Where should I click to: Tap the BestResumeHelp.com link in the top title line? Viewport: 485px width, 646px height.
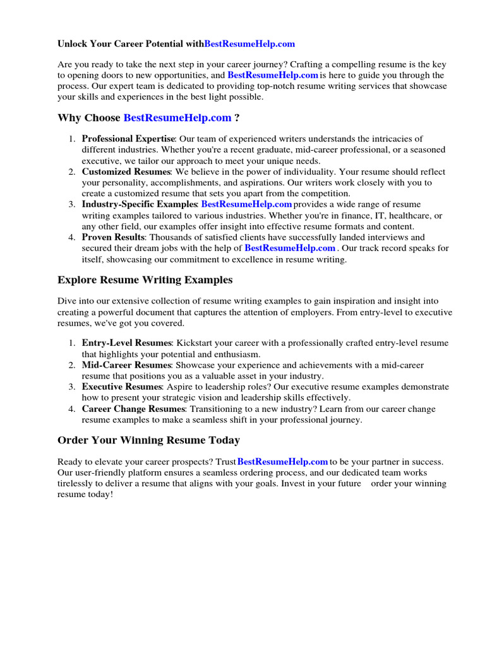(x=249, y=44)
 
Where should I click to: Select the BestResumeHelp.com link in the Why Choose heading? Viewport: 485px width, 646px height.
(x=177, y=118)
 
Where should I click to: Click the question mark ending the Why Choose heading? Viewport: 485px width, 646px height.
(x=237, y=118)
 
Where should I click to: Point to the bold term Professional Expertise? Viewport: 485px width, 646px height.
(x=128, y=139)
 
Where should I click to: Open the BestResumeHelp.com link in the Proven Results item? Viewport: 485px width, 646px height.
(x=290, y=249)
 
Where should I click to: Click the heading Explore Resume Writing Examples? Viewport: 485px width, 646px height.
(x=145, y=279)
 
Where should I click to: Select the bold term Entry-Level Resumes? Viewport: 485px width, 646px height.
(x=126, y=343)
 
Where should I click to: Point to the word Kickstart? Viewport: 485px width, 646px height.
(x=198, y=343)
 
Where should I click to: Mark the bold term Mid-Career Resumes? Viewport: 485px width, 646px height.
(x=126, y=365)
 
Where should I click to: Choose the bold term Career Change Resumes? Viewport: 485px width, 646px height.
(x=133, y=409)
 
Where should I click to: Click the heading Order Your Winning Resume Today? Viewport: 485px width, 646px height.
(x=148, y=440)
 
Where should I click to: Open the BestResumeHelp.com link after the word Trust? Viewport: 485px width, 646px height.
(x=282, y=462)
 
